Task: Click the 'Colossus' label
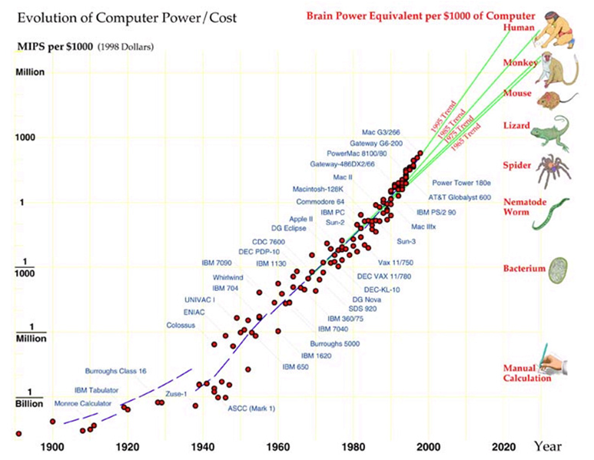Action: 181,325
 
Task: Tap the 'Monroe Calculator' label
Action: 82,403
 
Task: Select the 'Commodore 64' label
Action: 320,201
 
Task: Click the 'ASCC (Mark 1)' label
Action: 251,407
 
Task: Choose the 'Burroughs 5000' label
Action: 335,343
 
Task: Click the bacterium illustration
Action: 559,270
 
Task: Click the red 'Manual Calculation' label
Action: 526,373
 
